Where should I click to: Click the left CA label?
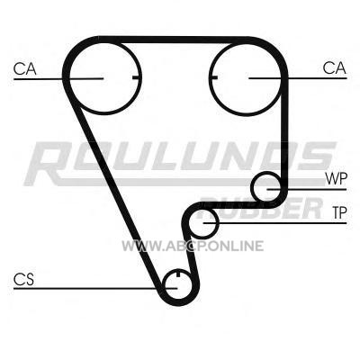tap(25, 68)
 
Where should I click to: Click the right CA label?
tap(334, 68)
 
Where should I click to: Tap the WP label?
tap(337, 179)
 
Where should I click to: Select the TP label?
tap(339, 212)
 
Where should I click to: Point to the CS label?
tap(23, 279)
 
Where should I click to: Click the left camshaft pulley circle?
tap(105, 113)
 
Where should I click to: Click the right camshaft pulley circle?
tap(246, 115)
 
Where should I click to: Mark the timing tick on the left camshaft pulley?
tap(136, 78)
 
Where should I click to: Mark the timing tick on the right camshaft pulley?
tap(213, 77)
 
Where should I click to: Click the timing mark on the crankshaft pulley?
tap(178, 274)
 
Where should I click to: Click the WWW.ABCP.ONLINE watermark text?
tap(193, 246)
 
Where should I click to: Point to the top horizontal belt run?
tap(174, 40)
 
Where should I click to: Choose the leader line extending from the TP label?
tap(274, 223)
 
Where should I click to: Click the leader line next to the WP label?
tap(307, 189)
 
